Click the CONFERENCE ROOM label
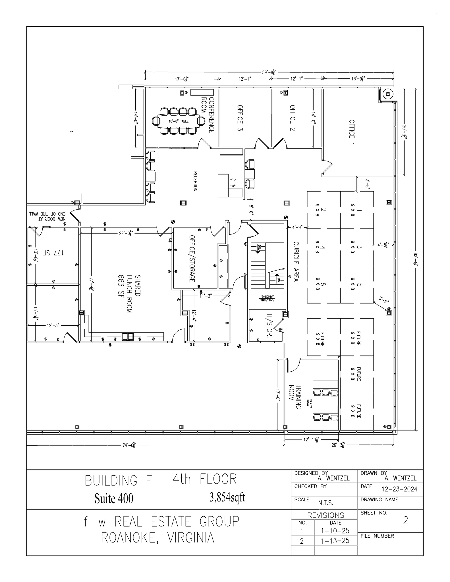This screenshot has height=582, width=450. point(208,115)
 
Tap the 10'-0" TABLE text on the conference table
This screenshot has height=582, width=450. point(179,121)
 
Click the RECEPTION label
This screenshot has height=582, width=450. point(195,181)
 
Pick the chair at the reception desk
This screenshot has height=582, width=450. point(233,183)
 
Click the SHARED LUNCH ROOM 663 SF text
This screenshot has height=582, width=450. point(129,294)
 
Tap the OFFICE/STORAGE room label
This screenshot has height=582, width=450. point(192,259)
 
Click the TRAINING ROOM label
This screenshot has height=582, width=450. point(295,397)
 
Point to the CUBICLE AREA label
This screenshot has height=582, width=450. point(296,261)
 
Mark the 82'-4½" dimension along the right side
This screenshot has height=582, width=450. point(416,259)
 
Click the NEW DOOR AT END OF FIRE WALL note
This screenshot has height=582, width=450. point(47,216)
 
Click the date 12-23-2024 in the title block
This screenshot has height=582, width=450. point(399,489)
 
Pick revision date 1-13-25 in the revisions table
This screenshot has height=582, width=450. point(335,541)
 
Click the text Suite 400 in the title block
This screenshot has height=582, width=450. point(114,498)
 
